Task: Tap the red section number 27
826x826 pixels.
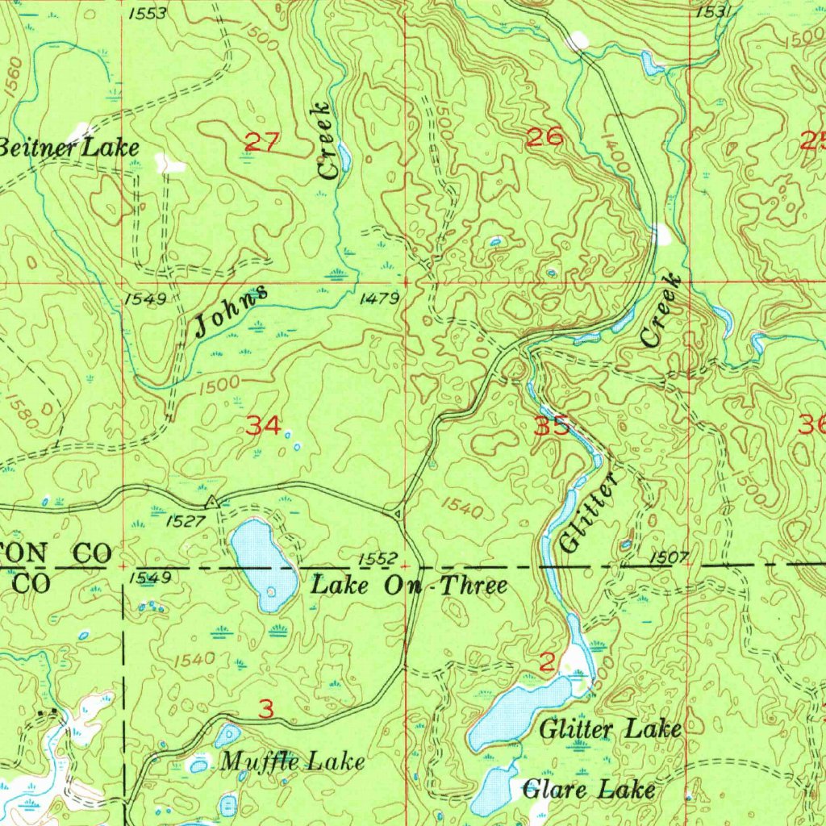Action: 261,144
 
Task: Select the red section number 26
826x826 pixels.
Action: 544,136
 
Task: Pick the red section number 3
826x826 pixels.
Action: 266,709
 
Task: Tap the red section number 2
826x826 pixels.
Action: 547,663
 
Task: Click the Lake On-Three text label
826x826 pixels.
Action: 410,585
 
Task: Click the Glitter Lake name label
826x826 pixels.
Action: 610,729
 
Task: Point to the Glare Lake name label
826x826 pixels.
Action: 589,788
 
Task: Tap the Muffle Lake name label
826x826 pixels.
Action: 293,761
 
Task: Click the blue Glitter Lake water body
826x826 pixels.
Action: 516,710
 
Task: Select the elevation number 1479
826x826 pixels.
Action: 378,299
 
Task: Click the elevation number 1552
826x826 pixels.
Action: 378,559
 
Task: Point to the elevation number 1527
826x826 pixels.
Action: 185,522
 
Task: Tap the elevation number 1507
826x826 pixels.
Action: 666,557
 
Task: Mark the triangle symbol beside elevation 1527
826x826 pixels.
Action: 211,503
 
